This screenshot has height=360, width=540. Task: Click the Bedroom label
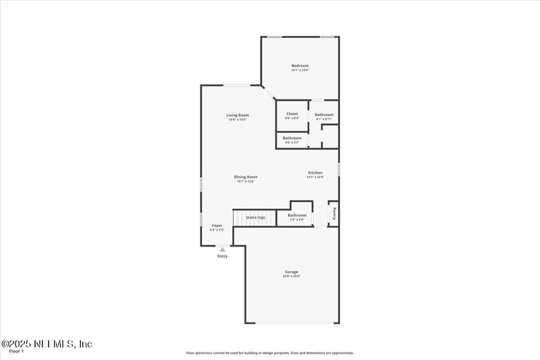300,66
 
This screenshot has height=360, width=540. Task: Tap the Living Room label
238,115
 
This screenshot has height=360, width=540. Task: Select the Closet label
292,113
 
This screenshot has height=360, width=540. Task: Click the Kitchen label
315,173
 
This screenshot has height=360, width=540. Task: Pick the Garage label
291,272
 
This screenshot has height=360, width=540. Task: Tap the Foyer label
217,225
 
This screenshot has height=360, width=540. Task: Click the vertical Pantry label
333,213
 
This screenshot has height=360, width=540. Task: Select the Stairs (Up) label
255,217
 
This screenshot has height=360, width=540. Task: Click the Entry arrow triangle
222,249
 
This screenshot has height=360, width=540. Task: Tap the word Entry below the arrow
222,256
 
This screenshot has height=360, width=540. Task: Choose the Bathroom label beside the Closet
324,114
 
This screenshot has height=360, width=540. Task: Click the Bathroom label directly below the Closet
292,138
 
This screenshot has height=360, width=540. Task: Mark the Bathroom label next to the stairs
297,215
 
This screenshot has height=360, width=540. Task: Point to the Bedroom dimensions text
300,70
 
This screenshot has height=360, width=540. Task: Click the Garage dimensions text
291,276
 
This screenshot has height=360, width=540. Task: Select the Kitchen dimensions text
315,177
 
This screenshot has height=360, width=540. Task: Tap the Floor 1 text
16,352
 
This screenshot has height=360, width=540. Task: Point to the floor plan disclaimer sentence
270,353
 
